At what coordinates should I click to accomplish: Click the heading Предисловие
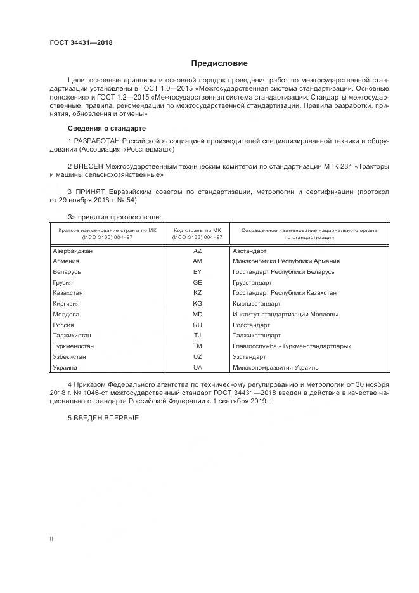point(219,63)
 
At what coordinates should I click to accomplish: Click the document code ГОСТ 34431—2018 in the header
point(81,42)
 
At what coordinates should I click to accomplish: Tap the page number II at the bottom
point(51,538)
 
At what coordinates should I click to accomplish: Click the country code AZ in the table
point(197,251)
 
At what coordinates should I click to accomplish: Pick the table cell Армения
point(66,261)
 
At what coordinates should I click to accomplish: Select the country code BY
point(197,271)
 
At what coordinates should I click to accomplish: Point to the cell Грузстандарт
point(252,282)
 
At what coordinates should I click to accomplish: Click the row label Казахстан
point(69,293)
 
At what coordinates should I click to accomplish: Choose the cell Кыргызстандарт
point(255,304)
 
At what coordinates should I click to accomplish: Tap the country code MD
point(197,314)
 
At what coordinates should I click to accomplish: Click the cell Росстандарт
point(251,325)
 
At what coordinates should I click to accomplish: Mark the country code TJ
point(197,335)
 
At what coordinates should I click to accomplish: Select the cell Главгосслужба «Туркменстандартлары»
point(292,346)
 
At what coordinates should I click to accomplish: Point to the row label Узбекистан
point(70,356)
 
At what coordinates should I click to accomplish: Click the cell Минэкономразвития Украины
point(276,367)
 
